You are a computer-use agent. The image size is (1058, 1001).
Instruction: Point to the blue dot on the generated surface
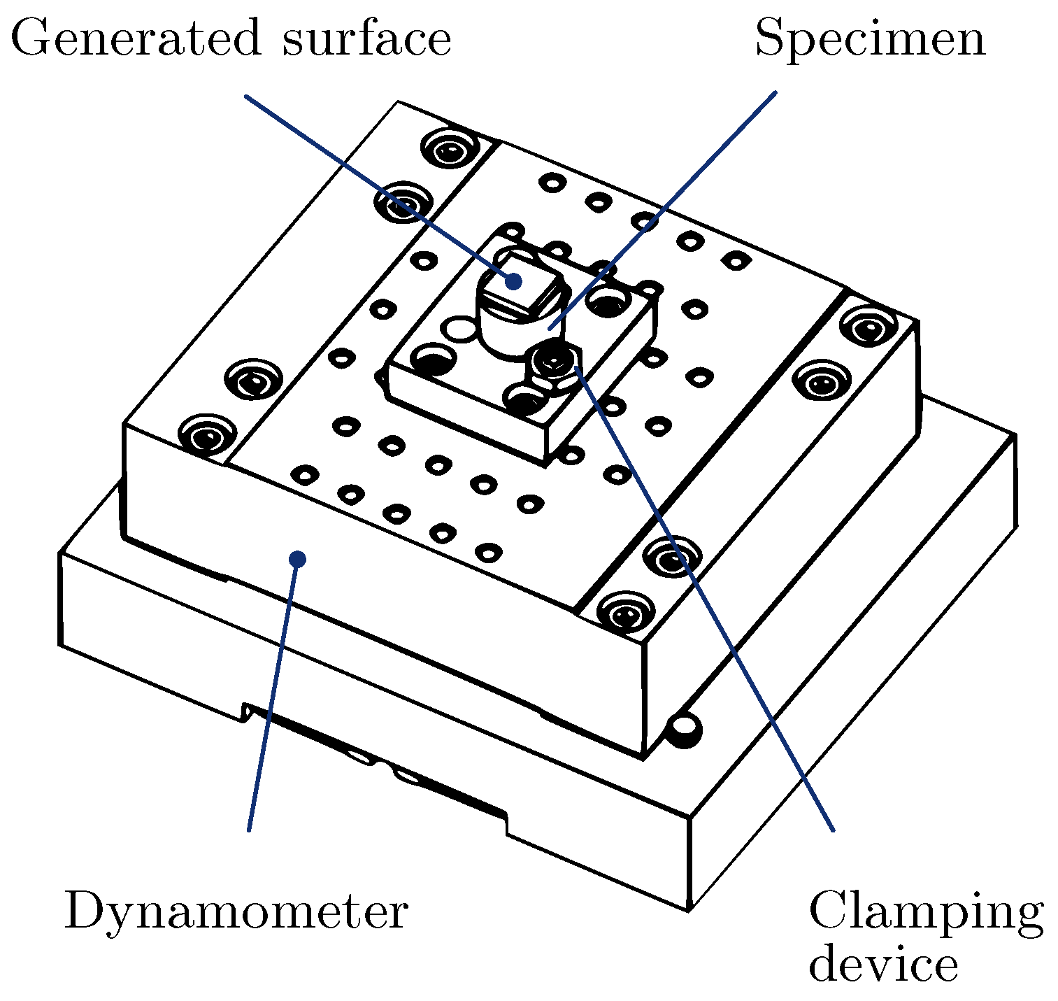(514, 281)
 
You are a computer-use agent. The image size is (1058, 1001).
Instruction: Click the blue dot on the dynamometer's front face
(298, 559)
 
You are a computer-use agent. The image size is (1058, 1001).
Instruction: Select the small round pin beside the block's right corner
(684, 729)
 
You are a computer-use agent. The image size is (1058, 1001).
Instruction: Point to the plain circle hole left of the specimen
(460, 327)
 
